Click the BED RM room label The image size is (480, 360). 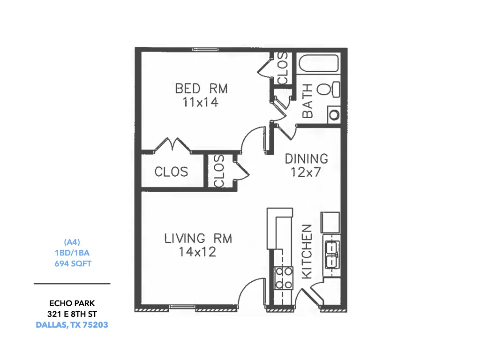pos(202,89)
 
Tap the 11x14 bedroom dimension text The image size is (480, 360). pos(201,102)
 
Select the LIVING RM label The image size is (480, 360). pos(198,239)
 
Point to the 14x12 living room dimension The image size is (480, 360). pos(197,252)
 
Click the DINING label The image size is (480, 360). pos(307,159)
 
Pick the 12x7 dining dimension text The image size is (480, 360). pos(306,172)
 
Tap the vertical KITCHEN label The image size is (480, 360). pos(307,252)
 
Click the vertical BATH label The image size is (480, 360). pos(307,101)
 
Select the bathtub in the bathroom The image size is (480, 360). pos(319,63)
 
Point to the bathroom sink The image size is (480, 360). pos(334,115)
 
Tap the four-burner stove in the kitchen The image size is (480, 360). pos(284,278)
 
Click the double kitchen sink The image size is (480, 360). pos(332,255)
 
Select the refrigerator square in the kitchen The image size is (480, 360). pos(330,223)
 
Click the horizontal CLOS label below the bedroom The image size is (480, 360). pos(171,172)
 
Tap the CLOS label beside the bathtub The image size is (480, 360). pos(283,68)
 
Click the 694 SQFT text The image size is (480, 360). pos(73,263)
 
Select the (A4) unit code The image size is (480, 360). pos(72,242)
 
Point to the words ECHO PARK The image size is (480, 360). pos(72,303)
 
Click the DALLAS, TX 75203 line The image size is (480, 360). pos(72,325)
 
